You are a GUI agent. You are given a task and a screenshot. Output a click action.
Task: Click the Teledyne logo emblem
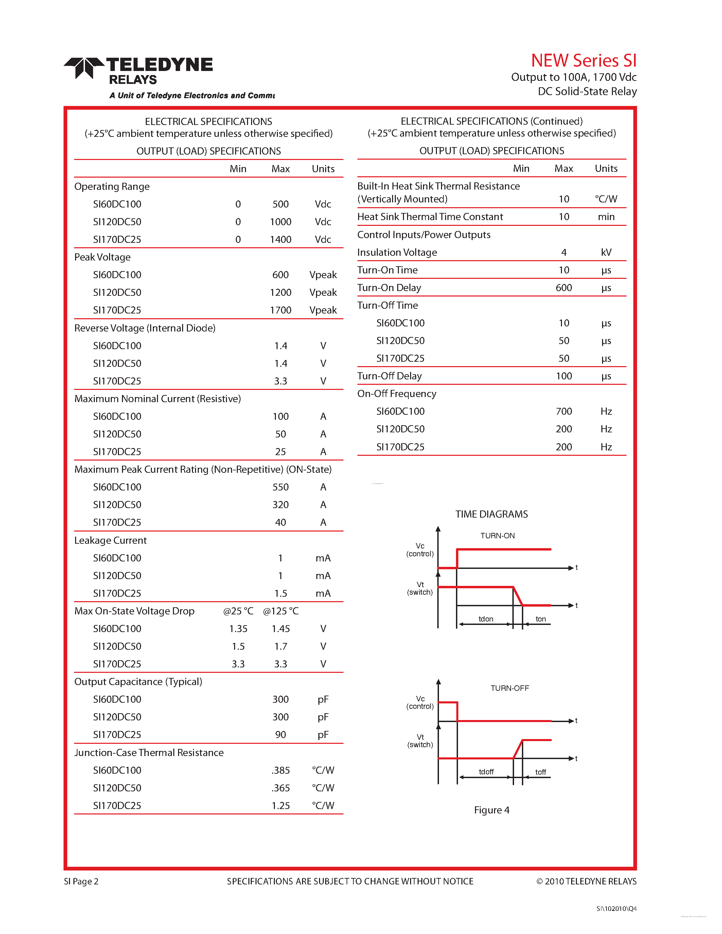pos(84,68)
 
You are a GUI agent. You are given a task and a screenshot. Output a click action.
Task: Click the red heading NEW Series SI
pos(583,61)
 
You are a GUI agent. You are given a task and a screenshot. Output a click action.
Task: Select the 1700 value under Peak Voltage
pos(280,310)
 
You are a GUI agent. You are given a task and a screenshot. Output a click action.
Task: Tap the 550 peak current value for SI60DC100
pos(280,487)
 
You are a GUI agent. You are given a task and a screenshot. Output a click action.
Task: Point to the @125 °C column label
pos(281,611)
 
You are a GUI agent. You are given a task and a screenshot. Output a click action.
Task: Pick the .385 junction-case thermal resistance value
pos(280,770)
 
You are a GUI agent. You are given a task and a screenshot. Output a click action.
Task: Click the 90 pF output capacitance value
pos(280,735)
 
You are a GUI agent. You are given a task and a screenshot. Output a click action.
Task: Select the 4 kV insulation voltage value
pos(564,252)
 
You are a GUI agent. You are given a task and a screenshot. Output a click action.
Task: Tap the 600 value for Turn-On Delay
pos(564,288)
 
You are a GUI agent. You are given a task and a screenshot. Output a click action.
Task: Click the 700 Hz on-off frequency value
pos(564,411)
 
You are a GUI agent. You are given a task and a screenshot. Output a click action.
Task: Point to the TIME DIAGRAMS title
pos(491,514)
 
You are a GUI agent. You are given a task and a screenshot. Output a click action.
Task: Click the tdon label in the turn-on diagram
pos(486,619)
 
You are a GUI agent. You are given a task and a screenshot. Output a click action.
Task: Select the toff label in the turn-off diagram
pos(541,772)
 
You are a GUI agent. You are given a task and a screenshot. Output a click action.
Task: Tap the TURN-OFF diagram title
pos(509,688)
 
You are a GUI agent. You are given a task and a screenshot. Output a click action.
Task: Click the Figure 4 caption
pos(491,810)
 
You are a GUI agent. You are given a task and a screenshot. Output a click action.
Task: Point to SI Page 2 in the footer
pos(81,881)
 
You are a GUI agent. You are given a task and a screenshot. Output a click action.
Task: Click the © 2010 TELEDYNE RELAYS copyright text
pos(586,881)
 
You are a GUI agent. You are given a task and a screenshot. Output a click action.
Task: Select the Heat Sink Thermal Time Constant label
pos(430,217)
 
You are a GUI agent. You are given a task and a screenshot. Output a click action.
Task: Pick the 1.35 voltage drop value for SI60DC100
pos(238,629)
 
